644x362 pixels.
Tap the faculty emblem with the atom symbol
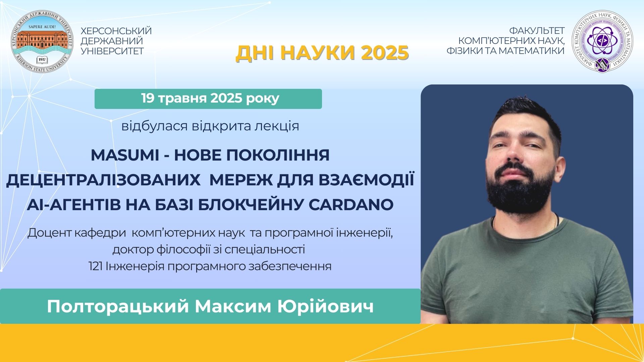[x=603, y=41]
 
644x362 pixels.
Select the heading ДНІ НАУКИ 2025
[x=322, y=53]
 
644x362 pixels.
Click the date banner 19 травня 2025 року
[x=208, y=99]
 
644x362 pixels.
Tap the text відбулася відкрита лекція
[x=210, y=126]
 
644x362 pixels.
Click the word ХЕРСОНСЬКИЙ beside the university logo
[x=116, y=31]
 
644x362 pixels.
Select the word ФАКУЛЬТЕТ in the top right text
[x=537, y=31]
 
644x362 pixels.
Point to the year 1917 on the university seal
[x=42, y=60]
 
